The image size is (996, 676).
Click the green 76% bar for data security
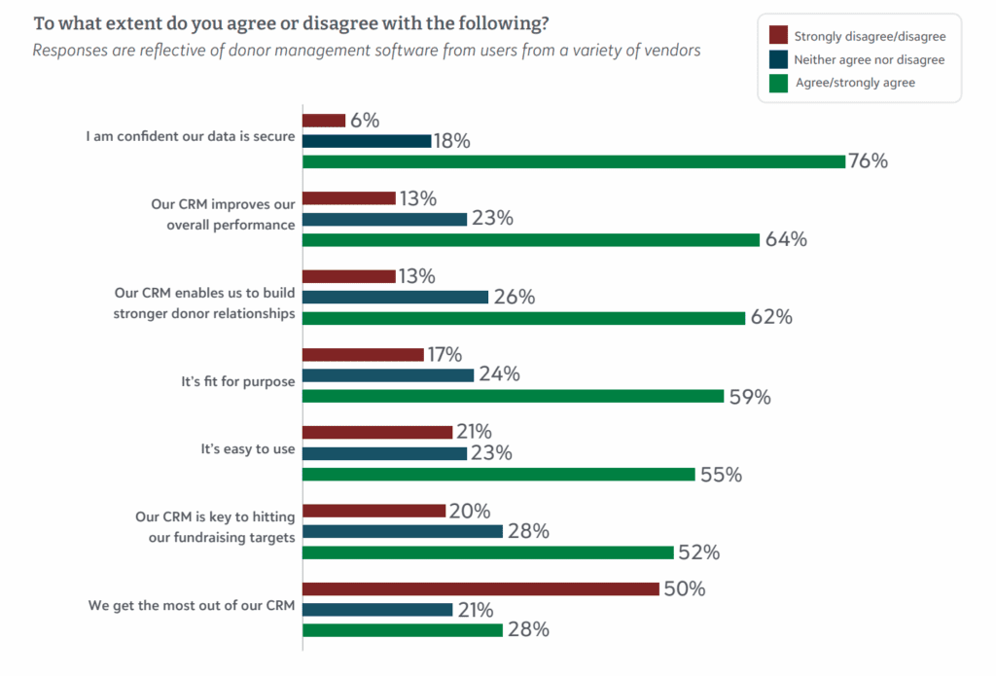click(574, 161)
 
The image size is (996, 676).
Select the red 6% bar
click(324, 121)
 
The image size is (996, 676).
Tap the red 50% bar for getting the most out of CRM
click(481, 588)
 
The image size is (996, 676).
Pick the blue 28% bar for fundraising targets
click(403, 531)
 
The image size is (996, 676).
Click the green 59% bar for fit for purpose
click(514, 396)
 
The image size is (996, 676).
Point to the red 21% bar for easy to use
click(377, 432)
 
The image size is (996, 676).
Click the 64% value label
click(786, 239)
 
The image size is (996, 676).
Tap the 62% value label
click(771, 317)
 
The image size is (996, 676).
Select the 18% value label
click(453, 141)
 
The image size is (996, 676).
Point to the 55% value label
click(721, 475)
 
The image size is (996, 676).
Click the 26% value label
click(514, 297)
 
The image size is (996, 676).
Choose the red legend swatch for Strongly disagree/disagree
click(777, 36)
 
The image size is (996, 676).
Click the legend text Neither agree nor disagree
click(870, 59)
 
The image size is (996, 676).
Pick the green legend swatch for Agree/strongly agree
click(777, 83)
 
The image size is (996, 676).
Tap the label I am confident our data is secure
click(190, 136)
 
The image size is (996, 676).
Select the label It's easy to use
click(248, 450)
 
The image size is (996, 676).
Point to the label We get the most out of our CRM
click(192, 607)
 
